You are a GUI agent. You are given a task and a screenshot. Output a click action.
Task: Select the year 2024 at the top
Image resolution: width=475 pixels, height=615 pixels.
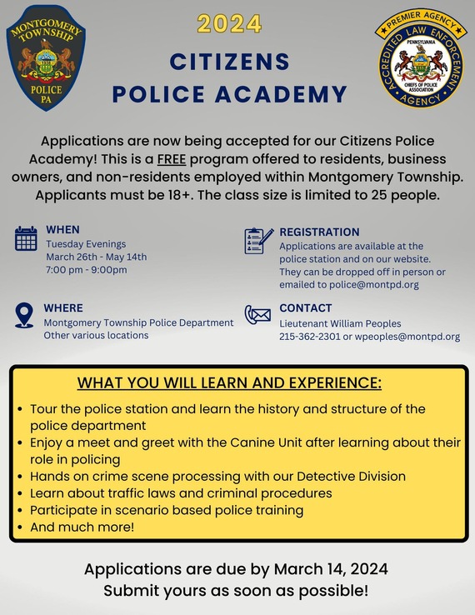point(229,24)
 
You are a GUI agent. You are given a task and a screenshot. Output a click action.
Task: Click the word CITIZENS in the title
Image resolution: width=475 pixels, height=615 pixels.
point(229,62)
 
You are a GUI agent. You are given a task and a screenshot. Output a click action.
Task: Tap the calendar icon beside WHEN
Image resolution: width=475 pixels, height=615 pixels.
point(26,238)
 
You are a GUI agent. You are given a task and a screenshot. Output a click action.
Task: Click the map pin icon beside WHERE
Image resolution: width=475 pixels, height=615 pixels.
point(24,316)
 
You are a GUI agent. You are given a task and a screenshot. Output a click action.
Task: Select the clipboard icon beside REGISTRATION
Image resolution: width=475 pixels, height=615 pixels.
point(258,240)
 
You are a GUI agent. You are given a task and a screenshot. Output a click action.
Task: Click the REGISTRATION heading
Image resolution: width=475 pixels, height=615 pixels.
point(319,232)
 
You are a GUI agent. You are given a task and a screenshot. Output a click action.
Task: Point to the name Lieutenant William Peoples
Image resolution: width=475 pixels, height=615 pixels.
point(340,323)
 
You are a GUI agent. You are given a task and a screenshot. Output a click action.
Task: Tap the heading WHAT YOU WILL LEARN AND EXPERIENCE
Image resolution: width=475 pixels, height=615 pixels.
point(229,383)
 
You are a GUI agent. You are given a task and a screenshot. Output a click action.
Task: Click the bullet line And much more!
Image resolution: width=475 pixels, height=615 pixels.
point(81,527)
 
